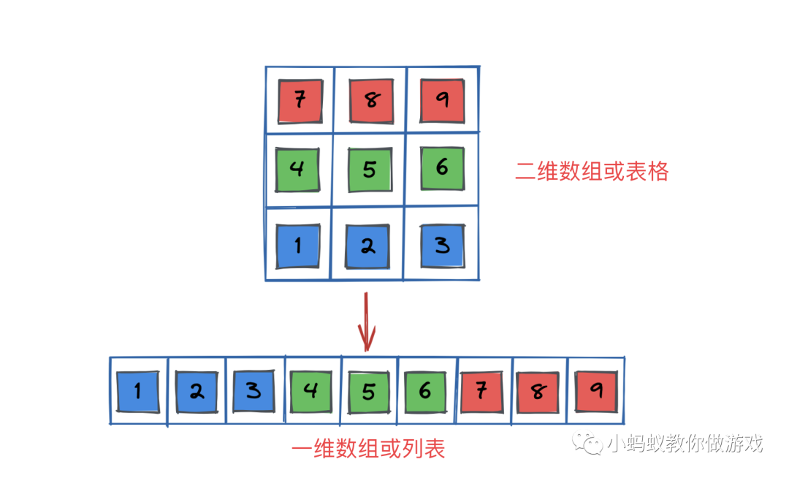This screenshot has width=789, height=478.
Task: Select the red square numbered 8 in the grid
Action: (x=371, y=101)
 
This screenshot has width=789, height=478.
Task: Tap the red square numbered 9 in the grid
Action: (x=442, y=100)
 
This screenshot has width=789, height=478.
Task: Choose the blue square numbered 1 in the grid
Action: (x=297, y=246)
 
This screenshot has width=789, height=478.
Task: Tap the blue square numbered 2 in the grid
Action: (x=368, y=246)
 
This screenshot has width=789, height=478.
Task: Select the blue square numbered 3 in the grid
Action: (x=442, y=245)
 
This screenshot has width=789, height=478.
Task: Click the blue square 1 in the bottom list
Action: (x=137, y=391)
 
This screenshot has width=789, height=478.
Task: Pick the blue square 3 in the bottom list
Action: (x=254, y=391)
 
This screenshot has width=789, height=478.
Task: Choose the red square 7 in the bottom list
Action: (x=481, y=391)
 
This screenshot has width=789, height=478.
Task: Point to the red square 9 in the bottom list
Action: (x=596, y=391)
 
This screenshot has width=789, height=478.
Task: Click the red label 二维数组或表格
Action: (x=592, y=171)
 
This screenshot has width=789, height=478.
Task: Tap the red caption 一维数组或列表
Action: (x=368, y=448)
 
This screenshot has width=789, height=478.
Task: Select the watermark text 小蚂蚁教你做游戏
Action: (x=684, y=443)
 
